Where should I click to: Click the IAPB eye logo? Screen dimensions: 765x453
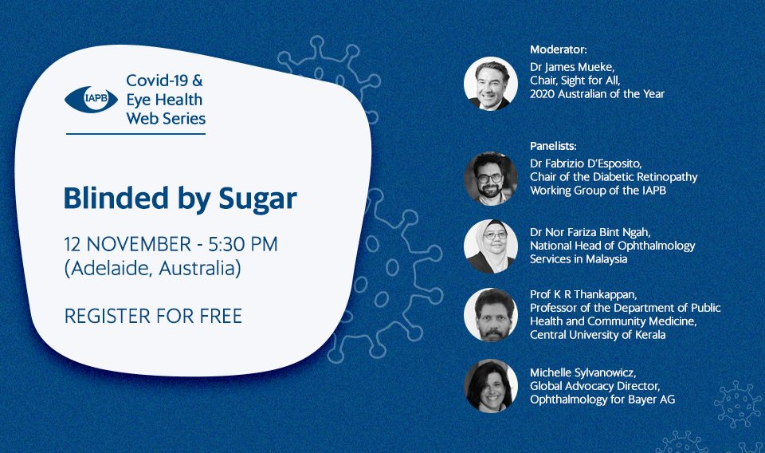pos(91,100)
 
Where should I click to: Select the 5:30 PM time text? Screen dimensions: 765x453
pos(243,244)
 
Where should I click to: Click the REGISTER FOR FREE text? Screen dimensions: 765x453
pos(153,317)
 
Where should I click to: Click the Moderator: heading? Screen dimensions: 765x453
pos(559,49)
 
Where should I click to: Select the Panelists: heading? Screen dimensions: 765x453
pos(553,146)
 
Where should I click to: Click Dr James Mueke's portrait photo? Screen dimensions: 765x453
pos(490,84)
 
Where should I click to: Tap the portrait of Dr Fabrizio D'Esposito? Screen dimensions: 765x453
pos(490,178)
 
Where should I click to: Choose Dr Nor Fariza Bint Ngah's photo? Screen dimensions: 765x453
pos(490,246)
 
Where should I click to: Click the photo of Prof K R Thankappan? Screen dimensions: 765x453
pos(490,315)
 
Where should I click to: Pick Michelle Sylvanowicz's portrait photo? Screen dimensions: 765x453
pos(490,386)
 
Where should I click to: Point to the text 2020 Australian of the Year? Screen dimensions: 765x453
pos(597,94)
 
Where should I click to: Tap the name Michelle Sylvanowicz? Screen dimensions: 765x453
pos(583,373)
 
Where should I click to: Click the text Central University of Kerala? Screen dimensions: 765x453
pos(598,335)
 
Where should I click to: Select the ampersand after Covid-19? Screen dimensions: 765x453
pos(198,80)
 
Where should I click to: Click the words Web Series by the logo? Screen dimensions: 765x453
pos(166,119)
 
